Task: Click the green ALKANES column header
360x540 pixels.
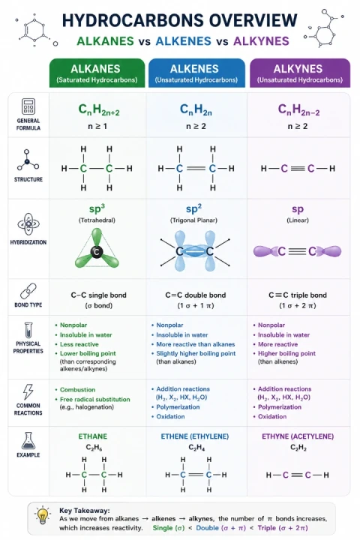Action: coord(97,73)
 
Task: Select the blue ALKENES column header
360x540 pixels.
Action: coord(196,73)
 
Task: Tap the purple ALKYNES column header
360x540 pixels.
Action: coord(300,73)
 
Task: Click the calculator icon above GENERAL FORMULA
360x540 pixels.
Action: coord(28,106)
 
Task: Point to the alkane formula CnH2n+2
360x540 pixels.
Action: coord(99,109)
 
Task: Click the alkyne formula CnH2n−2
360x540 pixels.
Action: coord(298,109)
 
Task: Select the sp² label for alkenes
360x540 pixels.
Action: coord(193,208)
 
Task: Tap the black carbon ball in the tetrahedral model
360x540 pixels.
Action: coord(97,252)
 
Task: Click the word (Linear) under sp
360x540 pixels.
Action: coord(298,220)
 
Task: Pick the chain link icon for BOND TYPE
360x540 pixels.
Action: coord(28,291)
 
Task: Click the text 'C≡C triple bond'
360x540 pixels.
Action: coord(298,295)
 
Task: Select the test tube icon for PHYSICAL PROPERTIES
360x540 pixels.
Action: coord(28,330)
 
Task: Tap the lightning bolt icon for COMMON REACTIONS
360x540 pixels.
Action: coord(28,392)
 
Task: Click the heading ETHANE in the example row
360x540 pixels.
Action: coord(93,436)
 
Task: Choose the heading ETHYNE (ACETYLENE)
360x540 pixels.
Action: coord(298,436)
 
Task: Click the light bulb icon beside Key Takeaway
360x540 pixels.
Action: coord(42,514)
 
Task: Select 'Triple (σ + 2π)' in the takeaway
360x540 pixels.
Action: coord(287,528)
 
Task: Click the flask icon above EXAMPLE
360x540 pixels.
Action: coord(28,441)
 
